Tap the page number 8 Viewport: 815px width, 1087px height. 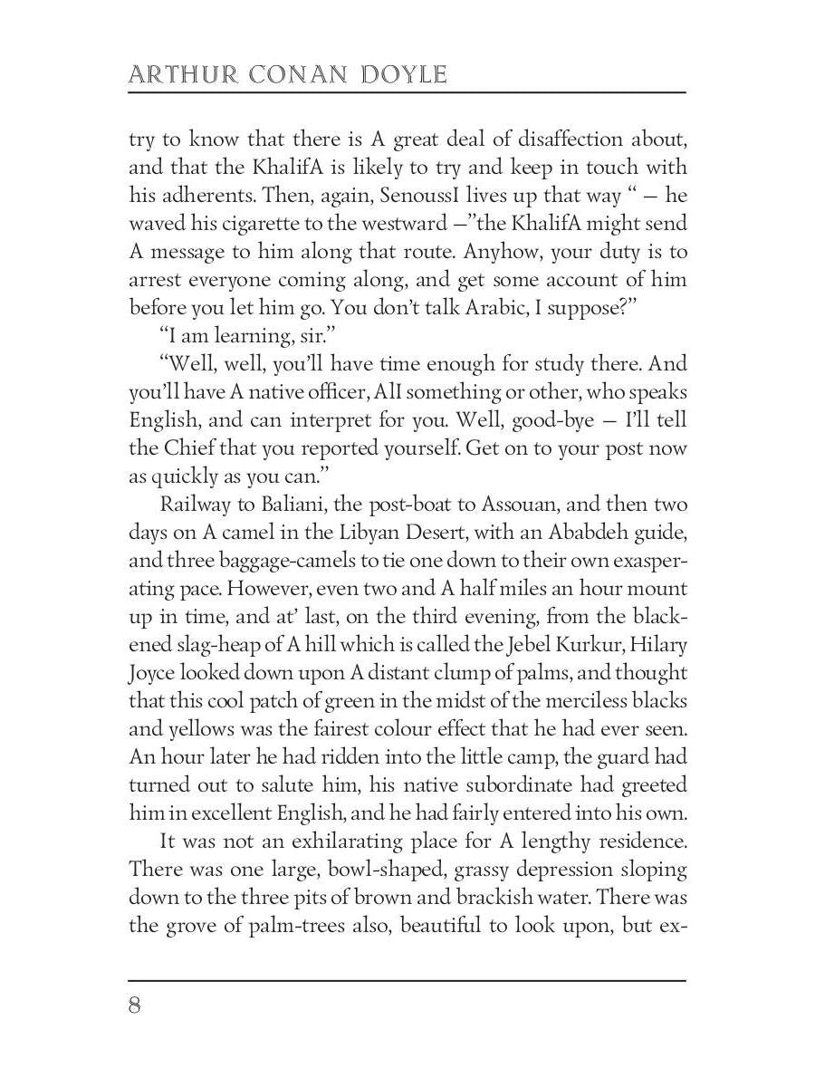coord(135,1006)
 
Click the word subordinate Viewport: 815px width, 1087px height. coord(528,785)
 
